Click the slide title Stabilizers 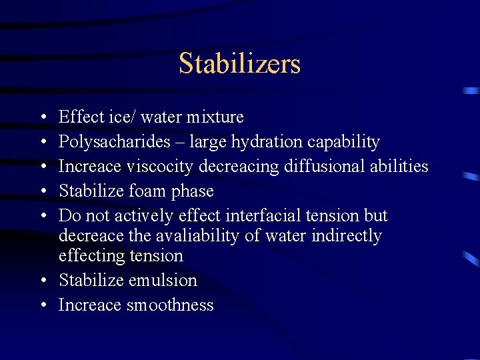[239, 64]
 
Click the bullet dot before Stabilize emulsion [43, 281]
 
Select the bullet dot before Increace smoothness [43, 306]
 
